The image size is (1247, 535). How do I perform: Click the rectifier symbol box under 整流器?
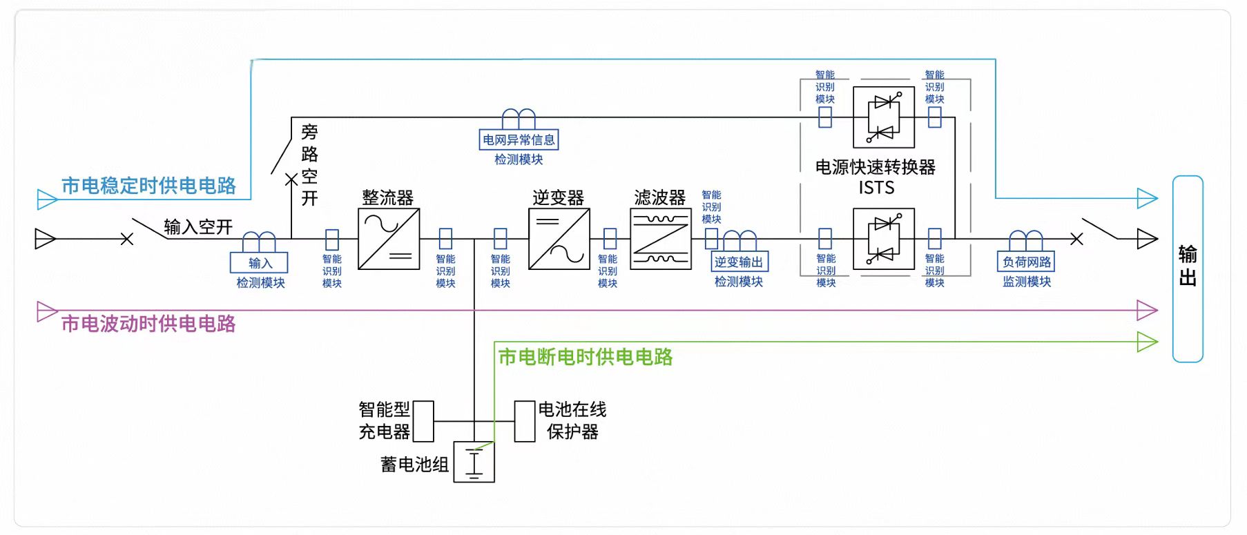click(389, 239)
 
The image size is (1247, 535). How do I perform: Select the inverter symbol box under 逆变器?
click(559, 239)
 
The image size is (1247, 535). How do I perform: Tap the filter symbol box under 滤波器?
click(660, 239)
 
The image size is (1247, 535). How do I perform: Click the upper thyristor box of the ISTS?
click(883, 117)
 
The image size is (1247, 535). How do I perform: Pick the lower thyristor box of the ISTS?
click(883, 239)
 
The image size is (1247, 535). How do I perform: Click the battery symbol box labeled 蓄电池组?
click(474, 462)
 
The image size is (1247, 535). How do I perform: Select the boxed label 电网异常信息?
click(519, 139)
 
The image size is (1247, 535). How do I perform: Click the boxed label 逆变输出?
click(739, 262)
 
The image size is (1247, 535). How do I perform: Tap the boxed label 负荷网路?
click(1026, 262)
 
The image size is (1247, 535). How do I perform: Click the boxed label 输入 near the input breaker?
click(259, 263)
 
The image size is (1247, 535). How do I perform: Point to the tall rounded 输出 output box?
click(1188, 269)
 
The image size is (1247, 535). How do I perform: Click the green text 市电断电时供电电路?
click(585, 357)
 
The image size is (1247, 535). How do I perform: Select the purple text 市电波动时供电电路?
click(148, 324)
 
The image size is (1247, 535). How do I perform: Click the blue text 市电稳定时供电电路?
click(148, 186)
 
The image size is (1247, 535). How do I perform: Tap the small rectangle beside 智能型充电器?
click(423, 421)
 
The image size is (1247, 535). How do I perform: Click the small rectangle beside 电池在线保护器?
click(525, 421)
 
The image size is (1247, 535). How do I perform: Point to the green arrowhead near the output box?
click(1147, 342)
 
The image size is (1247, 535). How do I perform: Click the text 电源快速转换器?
click(875, 167)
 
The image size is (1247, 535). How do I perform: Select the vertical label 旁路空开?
click(309, 165)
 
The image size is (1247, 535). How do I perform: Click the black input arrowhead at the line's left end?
click(45, 239)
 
